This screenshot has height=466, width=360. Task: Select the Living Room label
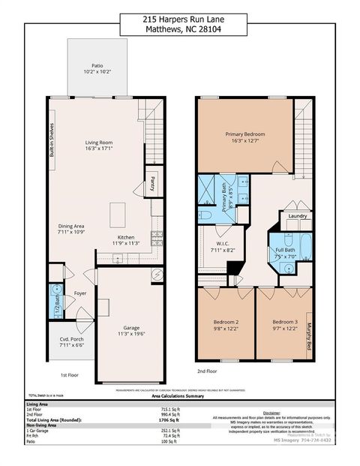99,142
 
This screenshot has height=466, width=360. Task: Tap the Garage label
131,328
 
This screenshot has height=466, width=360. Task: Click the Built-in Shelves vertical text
52,139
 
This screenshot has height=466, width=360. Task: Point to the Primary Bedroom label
244,134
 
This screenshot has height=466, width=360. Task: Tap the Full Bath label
284,249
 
